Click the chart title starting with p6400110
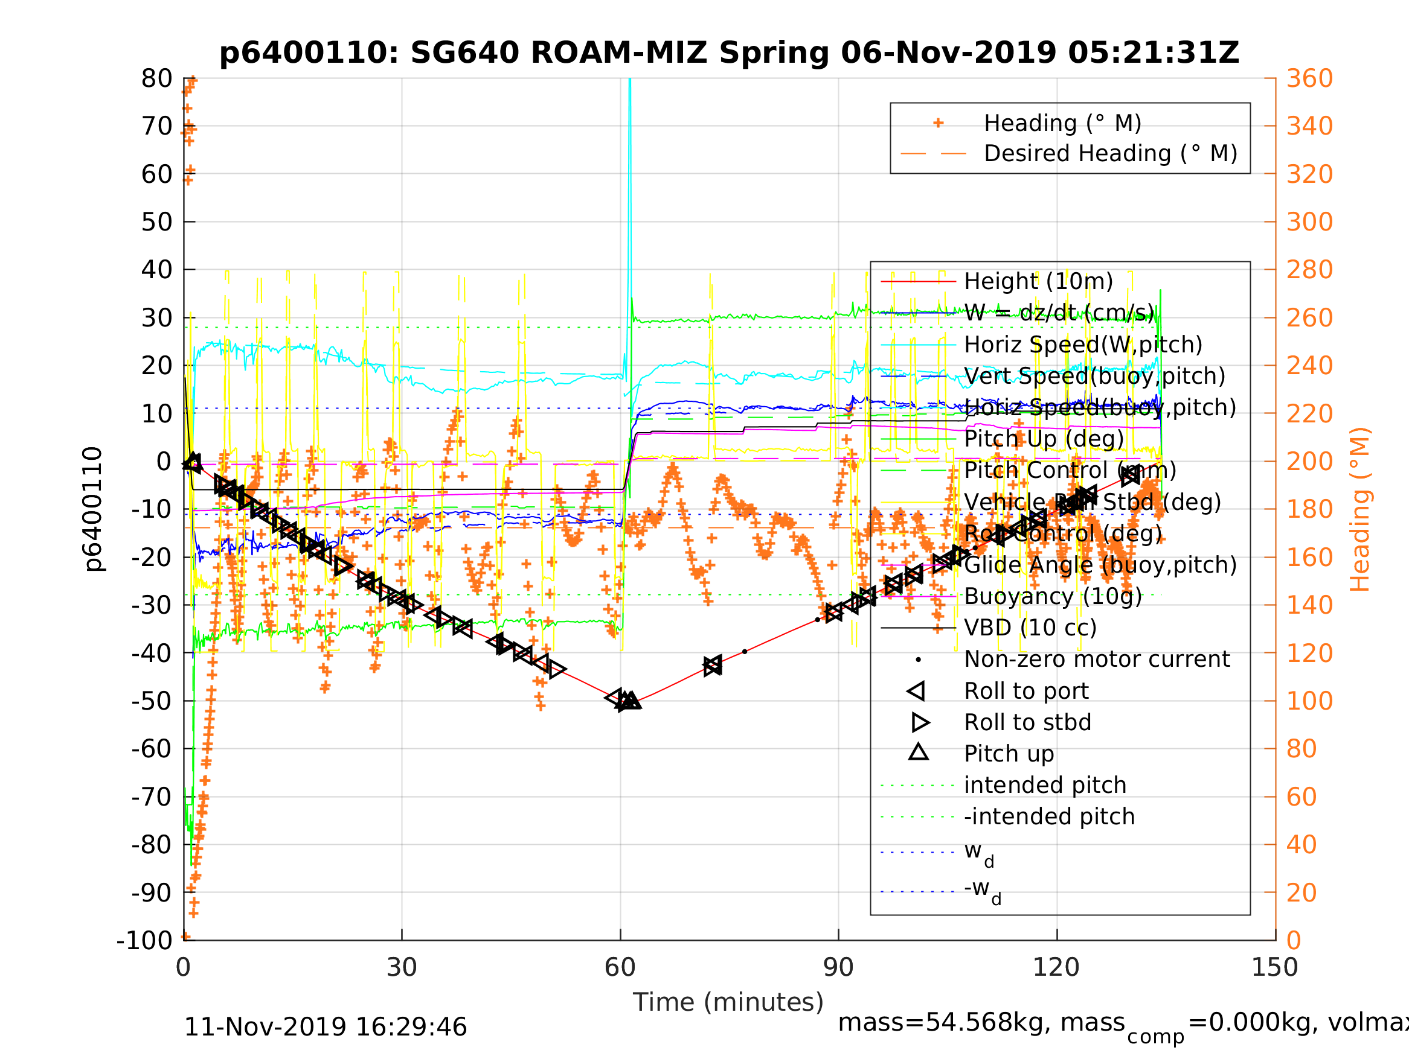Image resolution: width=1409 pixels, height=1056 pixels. pos(730,53)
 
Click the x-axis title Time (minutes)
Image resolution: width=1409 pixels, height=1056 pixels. pos(728,1002)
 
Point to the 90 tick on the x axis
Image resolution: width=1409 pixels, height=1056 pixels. pos(838,967)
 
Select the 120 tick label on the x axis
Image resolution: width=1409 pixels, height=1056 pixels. pos(1056,967)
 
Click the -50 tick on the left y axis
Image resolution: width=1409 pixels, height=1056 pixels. pos(152,701)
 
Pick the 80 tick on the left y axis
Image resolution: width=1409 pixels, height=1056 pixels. pos(156,79)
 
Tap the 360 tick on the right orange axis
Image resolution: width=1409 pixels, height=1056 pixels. pos(1309,79)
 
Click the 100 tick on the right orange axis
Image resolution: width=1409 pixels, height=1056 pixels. pos(1309,701)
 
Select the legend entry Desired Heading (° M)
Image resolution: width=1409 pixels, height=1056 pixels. pos(1110,153)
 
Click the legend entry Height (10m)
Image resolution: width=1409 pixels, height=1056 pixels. pos(1038,281)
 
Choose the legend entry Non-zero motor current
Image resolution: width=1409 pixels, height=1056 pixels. pos(1097,659)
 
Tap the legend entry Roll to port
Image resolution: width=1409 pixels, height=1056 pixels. pos(1026,691)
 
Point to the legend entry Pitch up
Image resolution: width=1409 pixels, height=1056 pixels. pos(1009,754)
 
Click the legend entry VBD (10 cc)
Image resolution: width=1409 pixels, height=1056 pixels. pos(1030,628)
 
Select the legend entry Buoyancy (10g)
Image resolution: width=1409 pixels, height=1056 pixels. pos(1053,596)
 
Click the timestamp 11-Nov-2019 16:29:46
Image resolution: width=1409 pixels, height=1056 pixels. pos(326,1028)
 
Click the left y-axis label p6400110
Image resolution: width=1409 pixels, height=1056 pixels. pos(93,509)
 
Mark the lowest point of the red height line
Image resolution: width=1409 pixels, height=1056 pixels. pos(627,702)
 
